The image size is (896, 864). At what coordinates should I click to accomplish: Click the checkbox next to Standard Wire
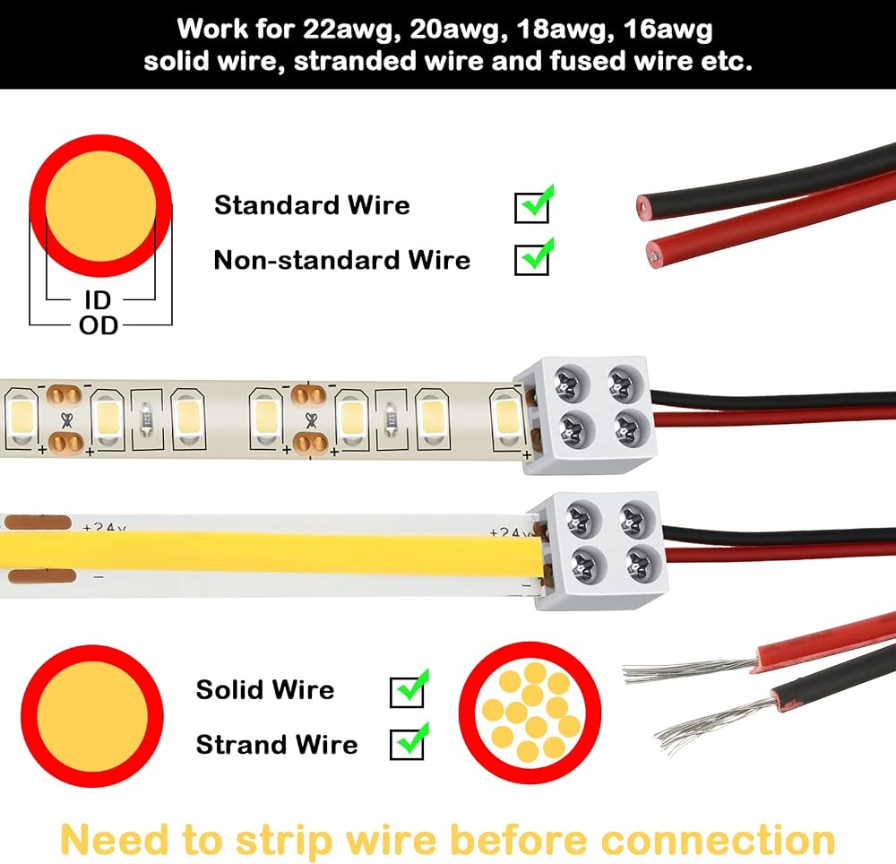(x=531, y=207)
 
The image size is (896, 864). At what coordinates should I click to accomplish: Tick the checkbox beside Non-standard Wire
(x=531, y=260)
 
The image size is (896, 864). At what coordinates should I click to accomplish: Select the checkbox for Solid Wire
(x=407, y=692)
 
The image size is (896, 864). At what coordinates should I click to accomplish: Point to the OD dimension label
(x=99, y=325)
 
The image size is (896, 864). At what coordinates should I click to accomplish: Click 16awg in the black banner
(x=668, y=30)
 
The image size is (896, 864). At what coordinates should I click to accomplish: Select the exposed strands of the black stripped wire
(x=714, y=722)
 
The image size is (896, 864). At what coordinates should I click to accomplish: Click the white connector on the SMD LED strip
(x=583, y=416)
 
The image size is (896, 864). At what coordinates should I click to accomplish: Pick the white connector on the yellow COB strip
(x=596, y=551)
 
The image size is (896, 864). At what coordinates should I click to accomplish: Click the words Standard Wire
(x=312, y=205)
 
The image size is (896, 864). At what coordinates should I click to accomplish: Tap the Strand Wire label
(x=277, y=745)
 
